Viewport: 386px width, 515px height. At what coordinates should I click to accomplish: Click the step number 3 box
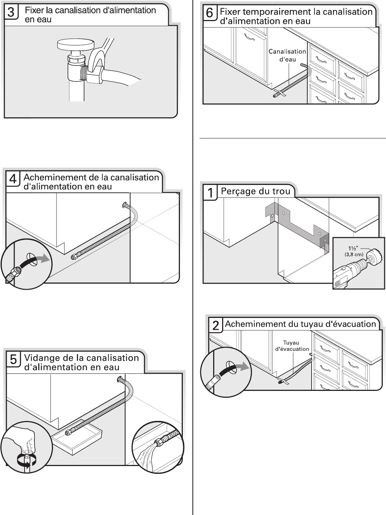point(11,12)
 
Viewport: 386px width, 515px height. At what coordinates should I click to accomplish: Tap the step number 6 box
point(210,13)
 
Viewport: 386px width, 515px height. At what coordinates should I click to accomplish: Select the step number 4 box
point(13,179)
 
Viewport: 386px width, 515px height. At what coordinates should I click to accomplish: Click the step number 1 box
point(210,193)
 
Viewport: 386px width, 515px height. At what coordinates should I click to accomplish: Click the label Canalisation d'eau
point(287,55)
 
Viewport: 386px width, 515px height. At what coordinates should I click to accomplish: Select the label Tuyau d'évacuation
point(292,346)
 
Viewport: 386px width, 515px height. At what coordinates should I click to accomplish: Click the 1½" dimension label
point(353,249)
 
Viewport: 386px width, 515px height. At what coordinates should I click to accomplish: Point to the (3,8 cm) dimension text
point(354,254)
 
